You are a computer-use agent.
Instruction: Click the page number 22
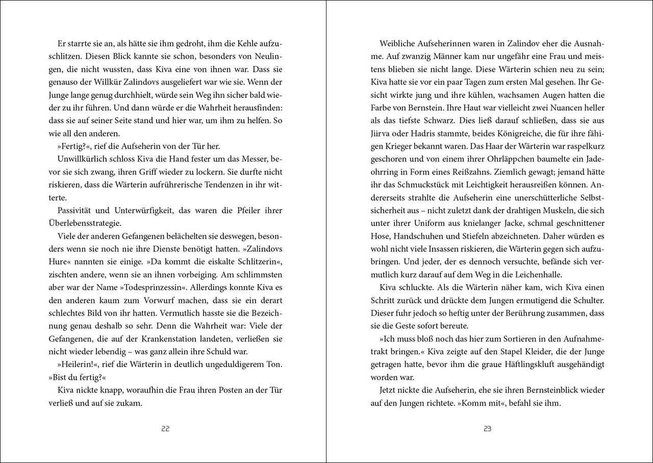point(165,429)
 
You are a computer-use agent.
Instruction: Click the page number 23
point(487,429)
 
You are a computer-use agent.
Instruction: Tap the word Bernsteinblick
point(564,390)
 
